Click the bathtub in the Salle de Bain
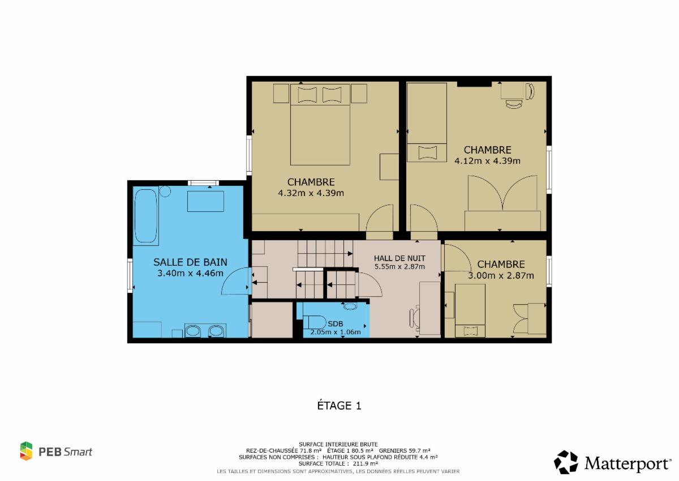pos(146,216)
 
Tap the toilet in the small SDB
pos(314,322)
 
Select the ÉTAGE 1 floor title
pos(339,406)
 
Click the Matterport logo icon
pos(566,462)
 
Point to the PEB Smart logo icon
pos(26,451)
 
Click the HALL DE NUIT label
pos(399,258)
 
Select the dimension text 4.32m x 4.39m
pos(311,193)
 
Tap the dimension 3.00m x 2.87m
pos(501,275)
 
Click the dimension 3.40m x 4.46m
pos(190,273)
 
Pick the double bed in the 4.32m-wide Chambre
pos(320,125)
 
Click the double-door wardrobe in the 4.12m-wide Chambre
pos(503,203)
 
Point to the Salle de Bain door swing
pos(236,281)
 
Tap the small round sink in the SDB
pos(350,306)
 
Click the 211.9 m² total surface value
pos(366,463)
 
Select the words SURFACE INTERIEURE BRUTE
pos(338,445)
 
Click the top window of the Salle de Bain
pos(203,183)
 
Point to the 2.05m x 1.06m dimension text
pos(335,332)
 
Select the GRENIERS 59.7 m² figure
pos(405,450)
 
